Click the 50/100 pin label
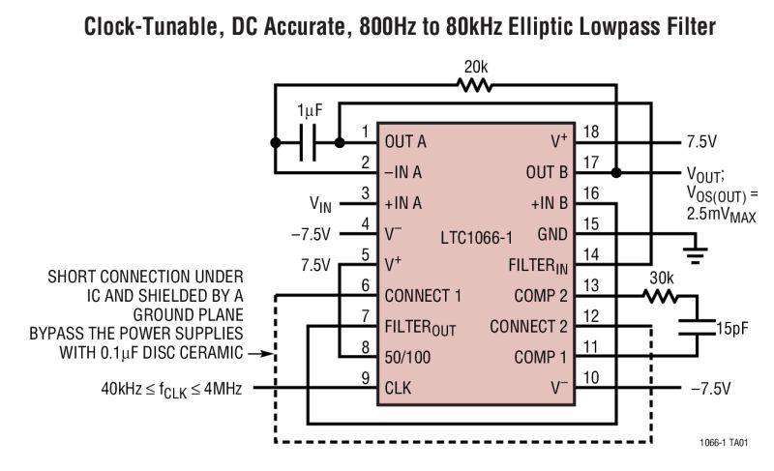pos(406,357)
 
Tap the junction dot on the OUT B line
pos(620,172)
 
